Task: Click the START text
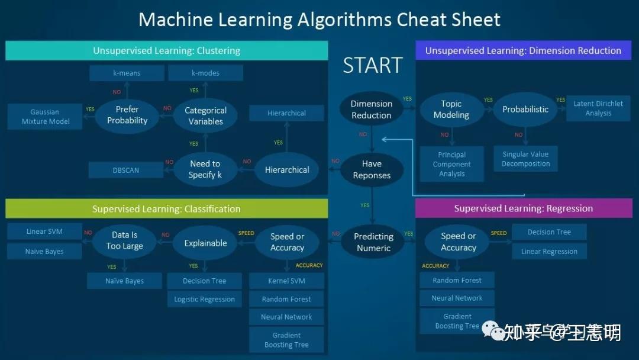[x=373, y=65]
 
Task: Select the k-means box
[x=127, y=73]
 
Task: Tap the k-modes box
[x=205, y=73]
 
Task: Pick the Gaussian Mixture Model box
[x=46, y=117]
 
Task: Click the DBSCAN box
[x=126, y=170]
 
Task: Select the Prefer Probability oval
[x=127, y=115]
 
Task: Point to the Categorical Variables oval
[x=205, y=115]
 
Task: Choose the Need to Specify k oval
[x=205, y=169]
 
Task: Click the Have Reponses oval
[x=372, y=169]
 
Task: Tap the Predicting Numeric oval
[x=373, y=242]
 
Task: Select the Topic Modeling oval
[x=451, y=110]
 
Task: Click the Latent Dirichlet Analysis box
[x=598, y=108]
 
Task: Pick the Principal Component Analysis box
[x=452, y=164]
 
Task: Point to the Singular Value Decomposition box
[x=525, y=159]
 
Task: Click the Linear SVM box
[x=44, y=232]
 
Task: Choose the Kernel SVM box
[x=286, y=281]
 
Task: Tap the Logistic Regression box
[x=204, y=299]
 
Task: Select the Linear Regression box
[x=549, y=251]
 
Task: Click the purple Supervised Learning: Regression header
[x=523, y=208]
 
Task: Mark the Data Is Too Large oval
[x=124, y=241]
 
